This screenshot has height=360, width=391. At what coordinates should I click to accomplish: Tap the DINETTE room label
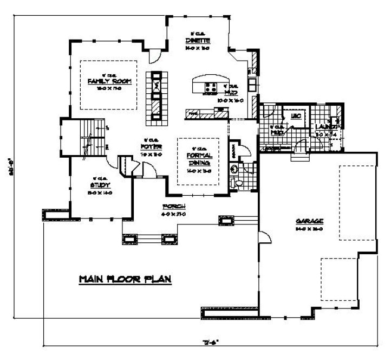click(x=197, y=41)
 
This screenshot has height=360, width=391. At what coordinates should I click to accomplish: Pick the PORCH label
click(x=174, y=207)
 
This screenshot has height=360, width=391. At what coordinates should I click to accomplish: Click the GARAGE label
click(x=310, y=221)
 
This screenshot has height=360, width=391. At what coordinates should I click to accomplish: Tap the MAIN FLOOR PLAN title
click(x=125, y=279)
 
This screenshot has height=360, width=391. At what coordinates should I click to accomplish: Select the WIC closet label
click(x=296, y=117)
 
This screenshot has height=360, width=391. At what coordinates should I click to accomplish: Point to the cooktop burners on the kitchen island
click(x=211, y=87)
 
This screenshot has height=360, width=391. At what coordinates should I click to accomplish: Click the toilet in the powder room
click(x=234, y=169)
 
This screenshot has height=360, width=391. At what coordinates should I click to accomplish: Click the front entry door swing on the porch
click(x=149, y=170)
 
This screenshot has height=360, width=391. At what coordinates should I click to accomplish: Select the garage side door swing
click(x=264, y=236)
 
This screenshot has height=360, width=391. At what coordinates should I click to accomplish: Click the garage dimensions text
click(x=310, y=228)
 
